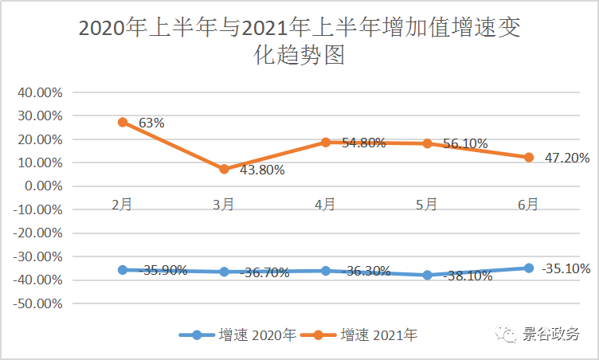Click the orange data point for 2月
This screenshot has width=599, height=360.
(x=123, y=122)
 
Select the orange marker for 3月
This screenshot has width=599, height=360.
(x=224, y=169)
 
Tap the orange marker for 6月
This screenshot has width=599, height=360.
(x=528, y=158)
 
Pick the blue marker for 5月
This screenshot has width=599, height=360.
(x=427, y=276)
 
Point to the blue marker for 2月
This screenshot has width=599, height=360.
(x=123, y=270)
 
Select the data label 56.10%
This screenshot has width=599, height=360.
(x=460, y=145)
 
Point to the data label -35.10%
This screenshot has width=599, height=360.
(x=565, y=268)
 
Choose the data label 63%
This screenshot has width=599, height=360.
(x=151, y=123)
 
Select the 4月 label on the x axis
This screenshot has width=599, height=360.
(x=325, y=205)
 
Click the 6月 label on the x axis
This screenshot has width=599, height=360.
(x=528, y=205)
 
